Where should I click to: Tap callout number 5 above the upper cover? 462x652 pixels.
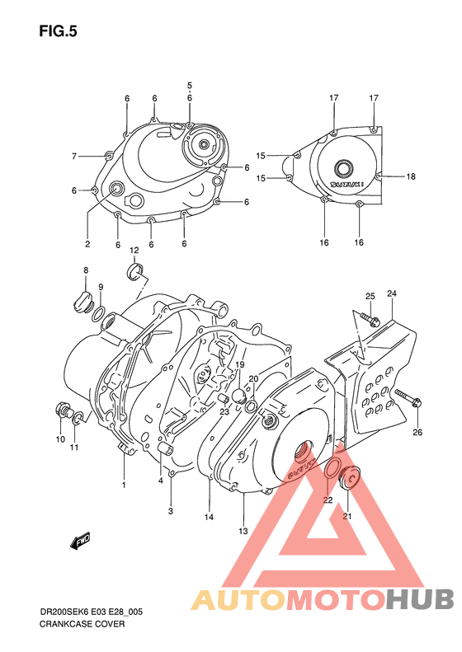pos(189,86)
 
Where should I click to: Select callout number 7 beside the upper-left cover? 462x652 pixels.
pos(73,156)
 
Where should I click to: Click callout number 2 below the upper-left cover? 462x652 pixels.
pos(87,244)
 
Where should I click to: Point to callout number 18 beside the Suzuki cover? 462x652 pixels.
pos(410,176)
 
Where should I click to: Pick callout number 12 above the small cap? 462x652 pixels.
pos(134,250)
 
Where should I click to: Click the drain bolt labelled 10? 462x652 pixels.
pos(62,410)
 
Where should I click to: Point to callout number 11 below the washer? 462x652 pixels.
pos(73,448)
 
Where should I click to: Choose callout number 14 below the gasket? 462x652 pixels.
pos(210,517)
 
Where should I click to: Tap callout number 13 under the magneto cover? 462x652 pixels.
pos(243,531)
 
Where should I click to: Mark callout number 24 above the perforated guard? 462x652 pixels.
pos(392,294)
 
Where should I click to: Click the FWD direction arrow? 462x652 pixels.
pos(80,542)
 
